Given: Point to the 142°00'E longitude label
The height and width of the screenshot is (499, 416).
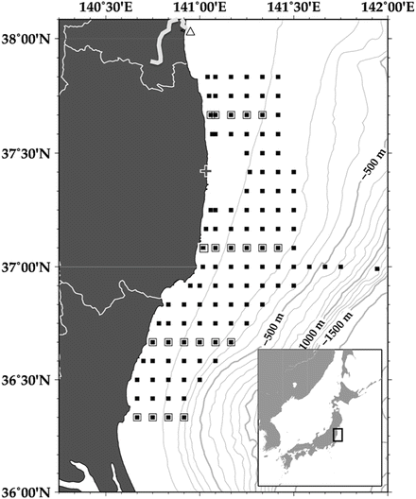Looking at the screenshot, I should (383, 8).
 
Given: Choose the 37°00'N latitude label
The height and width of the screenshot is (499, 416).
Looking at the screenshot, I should (27, 267).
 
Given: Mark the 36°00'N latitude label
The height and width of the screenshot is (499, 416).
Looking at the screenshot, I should (27, 491).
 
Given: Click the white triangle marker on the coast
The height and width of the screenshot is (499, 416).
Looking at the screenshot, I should (190, 31).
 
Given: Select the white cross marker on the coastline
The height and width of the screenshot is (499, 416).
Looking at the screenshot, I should (206, 171).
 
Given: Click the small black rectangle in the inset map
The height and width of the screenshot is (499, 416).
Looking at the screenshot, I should (338, 436).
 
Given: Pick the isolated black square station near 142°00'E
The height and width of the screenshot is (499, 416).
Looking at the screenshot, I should (377, 269).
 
